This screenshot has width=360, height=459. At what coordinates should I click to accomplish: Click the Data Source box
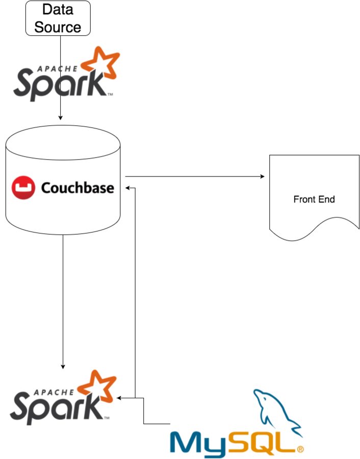point(58,18)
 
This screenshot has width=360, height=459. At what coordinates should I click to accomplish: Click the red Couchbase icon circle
point(23,188)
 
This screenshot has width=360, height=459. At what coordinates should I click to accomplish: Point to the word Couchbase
point(77,188)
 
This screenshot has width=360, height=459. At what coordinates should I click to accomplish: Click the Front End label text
point(314,199)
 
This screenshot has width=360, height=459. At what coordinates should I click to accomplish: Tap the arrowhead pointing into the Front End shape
point(263,176)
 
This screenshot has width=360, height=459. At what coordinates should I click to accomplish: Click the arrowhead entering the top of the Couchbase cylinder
point(61,118)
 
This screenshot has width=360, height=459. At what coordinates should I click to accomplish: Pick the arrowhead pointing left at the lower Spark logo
point(119,398)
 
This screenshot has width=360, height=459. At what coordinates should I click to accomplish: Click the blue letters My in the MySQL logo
point(199,443)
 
